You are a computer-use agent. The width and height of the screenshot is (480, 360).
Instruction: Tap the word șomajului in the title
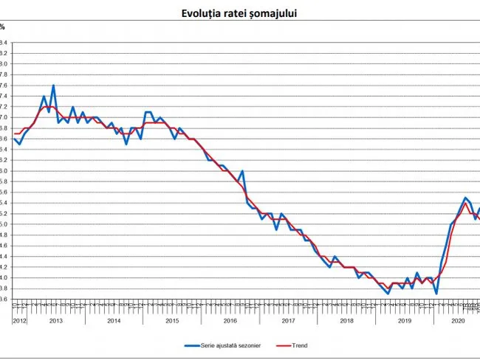coord(274,13)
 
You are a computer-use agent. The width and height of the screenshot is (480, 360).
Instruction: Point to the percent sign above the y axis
coord(2,27)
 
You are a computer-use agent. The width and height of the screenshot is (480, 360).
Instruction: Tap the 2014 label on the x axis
coord(114,321)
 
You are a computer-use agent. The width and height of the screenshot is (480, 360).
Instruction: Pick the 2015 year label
coord(172,321)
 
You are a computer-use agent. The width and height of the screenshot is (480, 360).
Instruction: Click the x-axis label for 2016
coord(230,321)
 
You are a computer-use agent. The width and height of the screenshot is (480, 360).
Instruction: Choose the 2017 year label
coord(288,321)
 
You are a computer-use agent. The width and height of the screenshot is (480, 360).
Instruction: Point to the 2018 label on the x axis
coord(346,321)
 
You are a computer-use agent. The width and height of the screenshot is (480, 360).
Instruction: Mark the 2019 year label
coord(404,321)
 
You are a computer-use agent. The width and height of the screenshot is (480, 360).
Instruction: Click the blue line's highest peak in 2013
coord(53,86)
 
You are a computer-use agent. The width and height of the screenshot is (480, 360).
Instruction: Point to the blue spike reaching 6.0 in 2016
coord(242,171)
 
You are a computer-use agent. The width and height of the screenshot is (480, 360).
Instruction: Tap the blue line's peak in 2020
coord(465,198)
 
